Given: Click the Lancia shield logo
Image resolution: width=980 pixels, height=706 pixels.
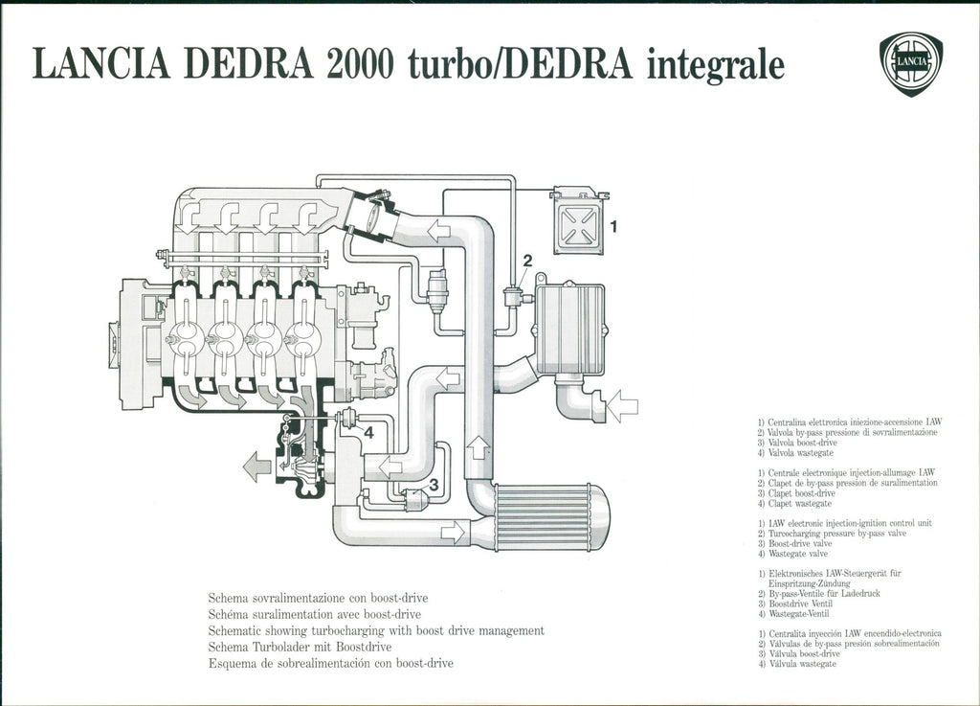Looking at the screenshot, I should [909, 63].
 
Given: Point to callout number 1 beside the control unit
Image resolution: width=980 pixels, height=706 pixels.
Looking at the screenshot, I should [614, 227].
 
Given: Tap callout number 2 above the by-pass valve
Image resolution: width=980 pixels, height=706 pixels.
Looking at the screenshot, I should [526, 260].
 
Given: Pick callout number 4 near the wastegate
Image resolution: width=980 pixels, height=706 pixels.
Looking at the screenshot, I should [367, 432].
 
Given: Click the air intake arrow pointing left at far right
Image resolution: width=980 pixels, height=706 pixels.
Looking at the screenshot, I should [622, 405].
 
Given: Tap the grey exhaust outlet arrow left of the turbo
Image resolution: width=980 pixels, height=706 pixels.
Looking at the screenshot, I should [256, 467].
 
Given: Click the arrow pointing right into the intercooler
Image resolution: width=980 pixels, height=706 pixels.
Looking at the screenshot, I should [452, 529].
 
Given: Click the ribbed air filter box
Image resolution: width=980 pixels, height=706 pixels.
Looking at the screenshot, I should [569, 329].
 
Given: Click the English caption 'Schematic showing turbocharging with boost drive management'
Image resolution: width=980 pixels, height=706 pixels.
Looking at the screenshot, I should [376, 630].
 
